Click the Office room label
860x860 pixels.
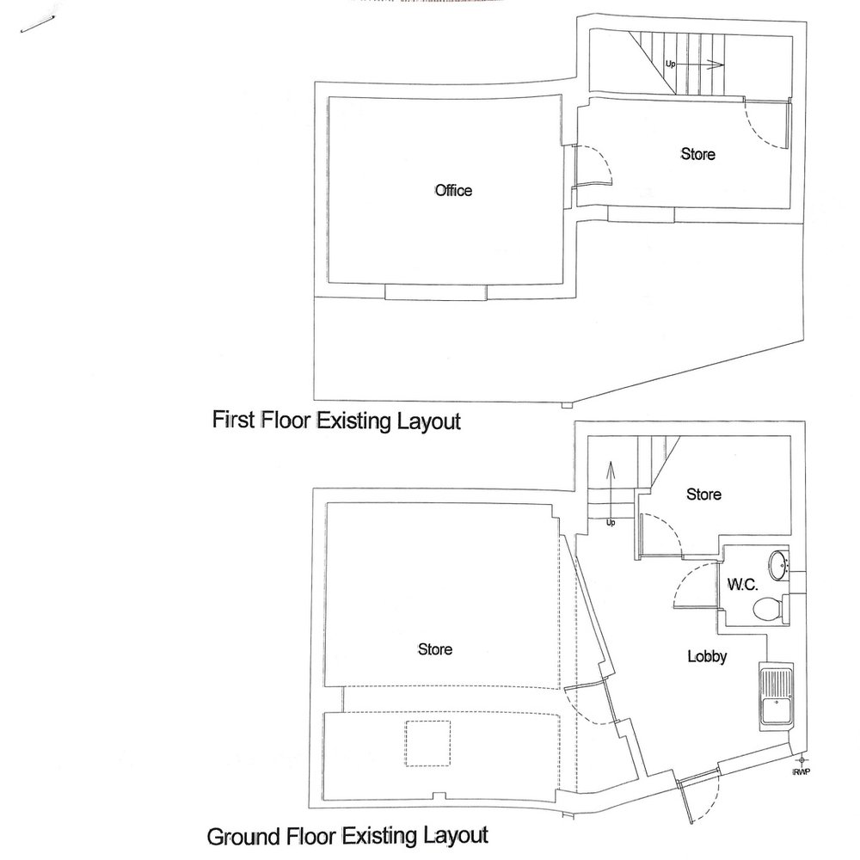[453, 190]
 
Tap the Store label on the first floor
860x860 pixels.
[697, 154]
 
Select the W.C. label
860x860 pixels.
[743, 584]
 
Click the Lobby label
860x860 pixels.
[707, 656]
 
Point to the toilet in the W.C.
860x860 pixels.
[769, 608]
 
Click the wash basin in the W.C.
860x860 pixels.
[777, 565]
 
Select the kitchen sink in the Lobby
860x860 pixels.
[777, 696]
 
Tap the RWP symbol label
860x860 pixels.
[802, 771]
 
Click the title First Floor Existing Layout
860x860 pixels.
[336, 421]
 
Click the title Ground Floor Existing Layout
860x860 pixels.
[347, 836]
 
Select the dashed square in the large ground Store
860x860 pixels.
[427, 744]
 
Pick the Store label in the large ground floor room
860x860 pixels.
[435, 649]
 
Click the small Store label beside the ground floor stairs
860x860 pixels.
[703, 494]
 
